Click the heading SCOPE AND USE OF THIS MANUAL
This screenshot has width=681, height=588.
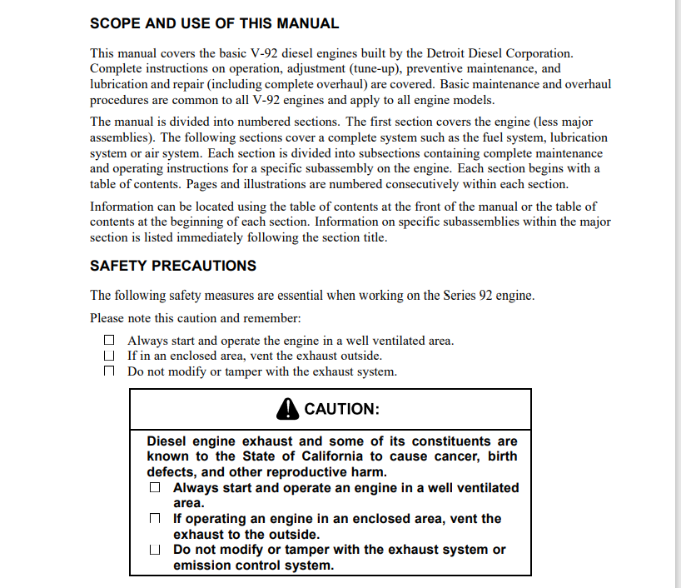coord(214,24)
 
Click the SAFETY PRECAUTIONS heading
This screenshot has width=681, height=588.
coord(173,266)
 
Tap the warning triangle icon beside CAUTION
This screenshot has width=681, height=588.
coord(287,408)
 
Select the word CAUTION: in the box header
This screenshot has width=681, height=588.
coord(341,409)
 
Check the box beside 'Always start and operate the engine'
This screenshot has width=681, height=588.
coord(109,341)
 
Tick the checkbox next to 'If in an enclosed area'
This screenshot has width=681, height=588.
coord(109,356)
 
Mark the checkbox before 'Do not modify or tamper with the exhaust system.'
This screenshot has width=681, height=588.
coord(109,371)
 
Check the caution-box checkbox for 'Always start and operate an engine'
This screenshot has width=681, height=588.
coord(155,488)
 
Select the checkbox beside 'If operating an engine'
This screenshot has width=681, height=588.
coord(155,519)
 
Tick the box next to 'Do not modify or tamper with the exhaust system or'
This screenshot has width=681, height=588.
coord(155,550)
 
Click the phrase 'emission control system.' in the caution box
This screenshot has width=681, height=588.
coord(253,566)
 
